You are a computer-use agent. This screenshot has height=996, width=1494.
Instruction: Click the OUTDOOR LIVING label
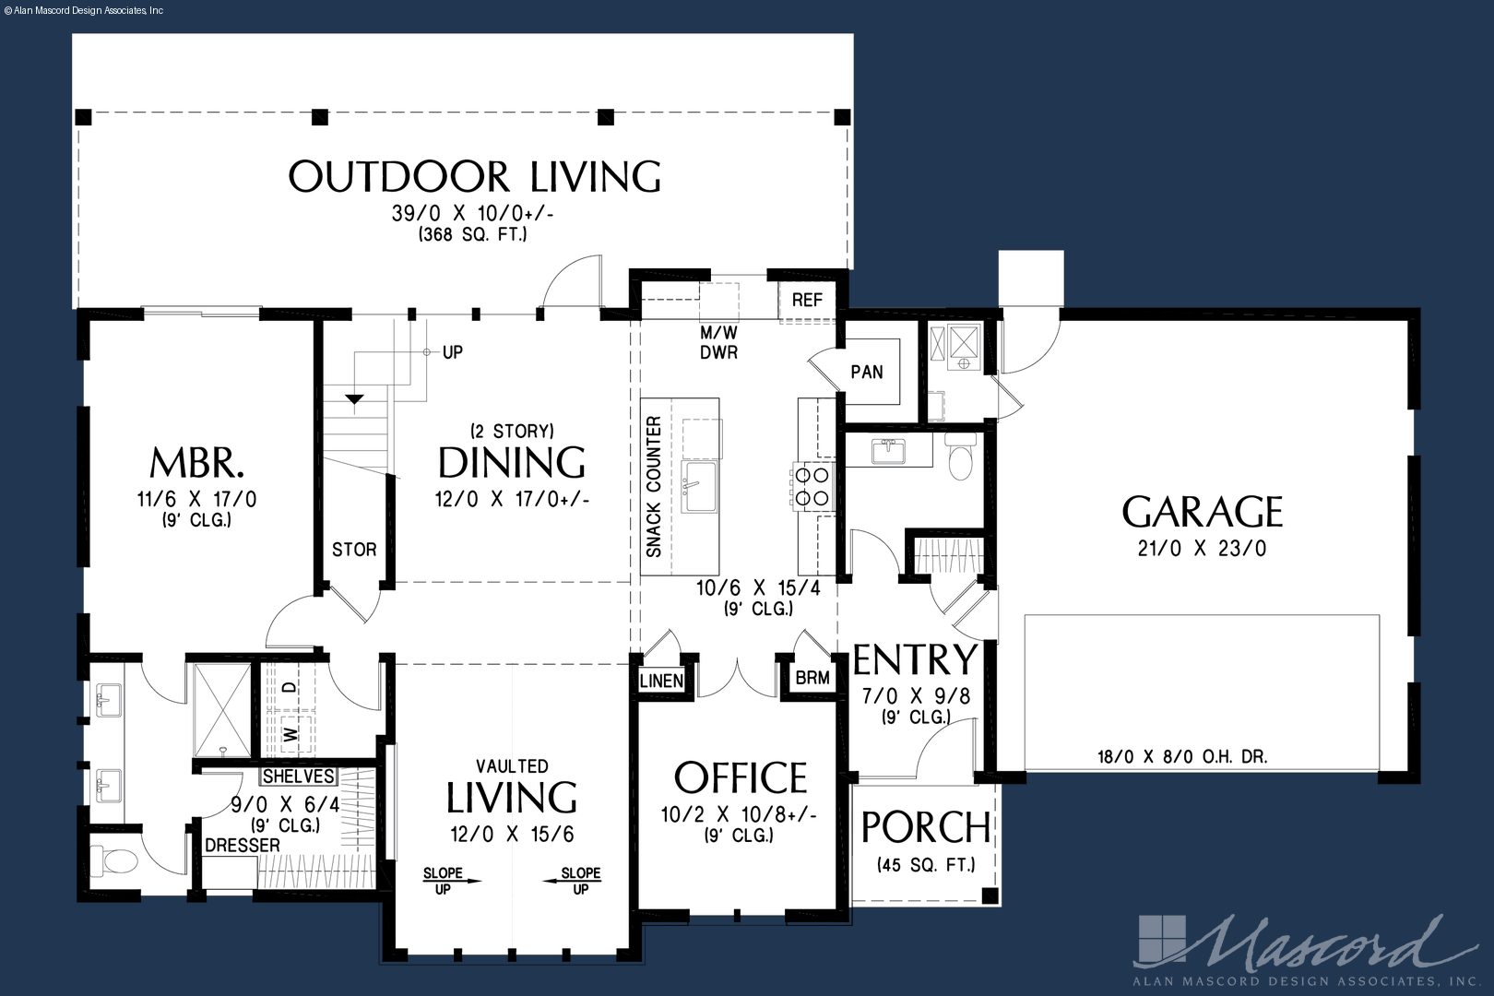[x=474, y=177]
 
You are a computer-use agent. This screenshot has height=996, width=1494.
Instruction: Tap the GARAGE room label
[x=1202, y=513]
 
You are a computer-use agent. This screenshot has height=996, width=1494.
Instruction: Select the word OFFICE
[x=741, y=777]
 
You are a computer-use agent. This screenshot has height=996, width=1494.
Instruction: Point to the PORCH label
[x=926, y=827]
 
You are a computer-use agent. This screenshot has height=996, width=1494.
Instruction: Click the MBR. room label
[x=196, y=462]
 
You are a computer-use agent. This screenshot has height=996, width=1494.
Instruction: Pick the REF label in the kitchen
[x=807, y=301]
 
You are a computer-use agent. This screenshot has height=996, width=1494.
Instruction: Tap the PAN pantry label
[x=866, y=373]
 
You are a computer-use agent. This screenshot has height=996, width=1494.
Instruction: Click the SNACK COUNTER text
[x=654, y=486]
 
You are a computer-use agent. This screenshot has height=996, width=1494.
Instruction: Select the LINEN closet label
[x=661, y=681]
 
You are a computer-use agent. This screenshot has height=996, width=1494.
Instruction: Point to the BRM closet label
[x=812, y=678]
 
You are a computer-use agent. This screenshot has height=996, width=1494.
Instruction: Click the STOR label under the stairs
[x=354, y=550]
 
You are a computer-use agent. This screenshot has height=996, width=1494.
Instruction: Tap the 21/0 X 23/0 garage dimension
[x=1202, y=549]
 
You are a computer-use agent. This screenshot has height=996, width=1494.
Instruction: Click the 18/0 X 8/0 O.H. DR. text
[x=1182, y=756]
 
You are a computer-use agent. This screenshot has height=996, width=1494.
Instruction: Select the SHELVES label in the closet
[x=298, y=776]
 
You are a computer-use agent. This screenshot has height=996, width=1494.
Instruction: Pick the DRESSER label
[x=243, y=846]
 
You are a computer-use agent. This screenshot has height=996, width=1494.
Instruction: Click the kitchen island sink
[x=699, y=486]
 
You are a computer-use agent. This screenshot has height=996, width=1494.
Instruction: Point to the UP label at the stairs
[x=452, y=352]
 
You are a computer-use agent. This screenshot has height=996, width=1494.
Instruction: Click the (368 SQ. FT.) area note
[x=473, y=235]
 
